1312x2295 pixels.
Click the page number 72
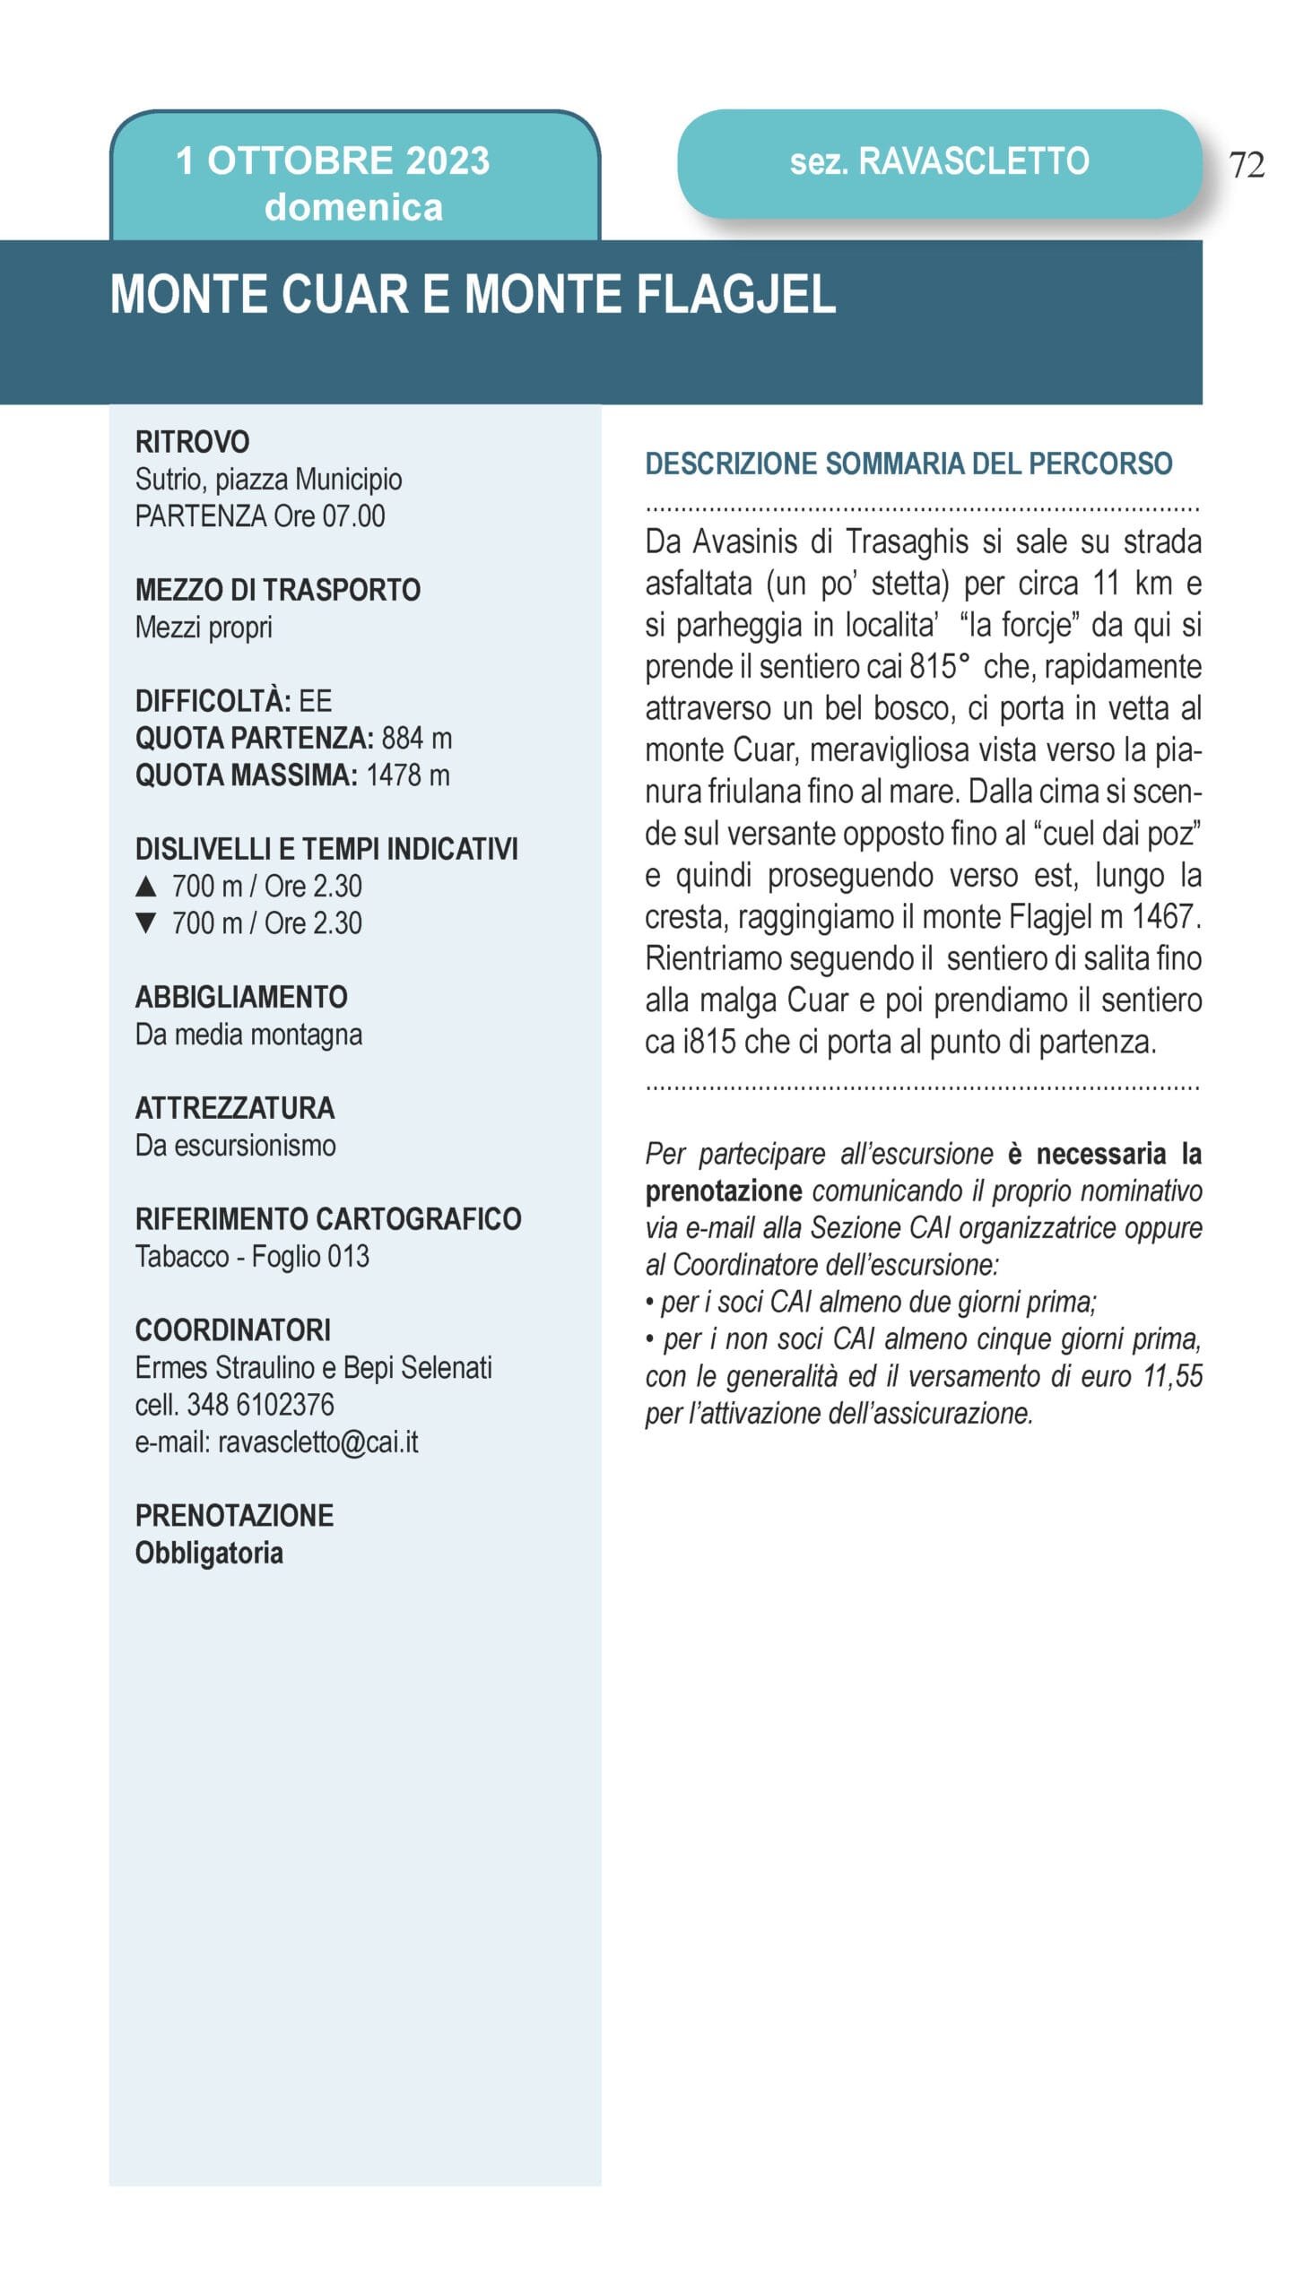pos(1247,165)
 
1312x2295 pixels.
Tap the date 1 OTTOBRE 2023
pos(333,161)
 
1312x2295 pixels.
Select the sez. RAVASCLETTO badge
pos(939,162)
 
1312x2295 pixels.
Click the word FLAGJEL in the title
pos(736,295)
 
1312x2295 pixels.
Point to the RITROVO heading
pos(192,441)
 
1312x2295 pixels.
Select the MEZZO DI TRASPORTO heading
pos(277,590)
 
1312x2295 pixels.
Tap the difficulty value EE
pos(316,701)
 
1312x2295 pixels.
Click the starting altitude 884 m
pos(416,738)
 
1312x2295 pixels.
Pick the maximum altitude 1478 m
pos(407,775)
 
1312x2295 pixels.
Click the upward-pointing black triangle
pos(146,887)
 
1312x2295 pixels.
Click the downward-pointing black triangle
pos(146,923)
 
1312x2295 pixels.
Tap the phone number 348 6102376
pos(259,1404)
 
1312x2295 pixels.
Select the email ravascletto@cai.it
pos(317,1442)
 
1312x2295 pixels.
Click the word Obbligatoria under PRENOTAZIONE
pos(209,1553)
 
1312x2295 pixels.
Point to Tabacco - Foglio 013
pos(252,1256)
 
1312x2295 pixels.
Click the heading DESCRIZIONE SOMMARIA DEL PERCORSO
pos(908,463)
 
